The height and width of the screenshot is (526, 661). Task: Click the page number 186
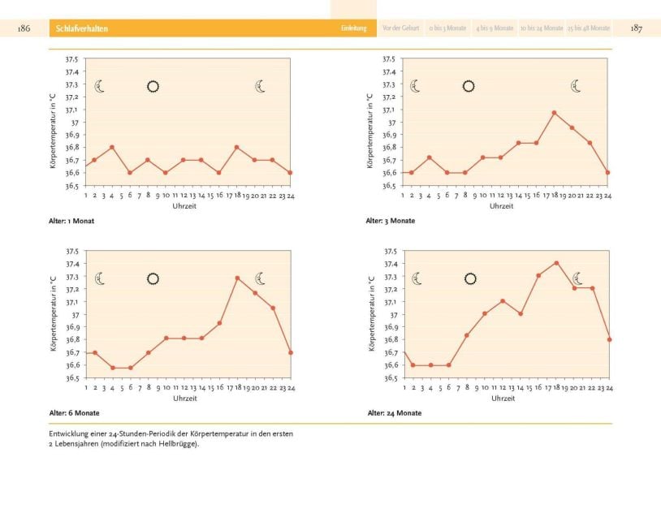24,28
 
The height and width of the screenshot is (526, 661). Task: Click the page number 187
637,28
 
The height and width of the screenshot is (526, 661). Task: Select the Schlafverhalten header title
82,28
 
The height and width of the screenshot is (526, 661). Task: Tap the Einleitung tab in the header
353,28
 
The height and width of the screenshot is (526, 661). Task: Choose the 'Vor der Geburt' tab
400,28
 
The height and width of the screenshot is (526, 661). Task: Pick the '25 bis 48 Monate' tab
589,28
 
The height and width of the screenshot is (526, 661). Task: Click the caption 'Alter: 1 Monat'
71,221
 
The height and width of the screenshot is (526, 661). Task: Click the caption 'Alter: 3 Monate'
391,221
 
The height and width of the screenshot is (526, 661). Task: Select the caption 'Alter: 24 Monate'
394,413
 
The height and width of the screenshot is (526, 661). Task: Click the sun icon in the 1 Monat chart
153,86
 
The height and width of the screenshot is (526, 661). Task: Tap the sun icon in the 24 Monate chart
469,279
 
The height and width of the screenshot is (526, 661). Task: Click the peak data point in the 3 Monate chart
554,113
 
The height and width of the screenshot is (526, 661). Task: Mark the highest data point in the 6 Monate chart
237,278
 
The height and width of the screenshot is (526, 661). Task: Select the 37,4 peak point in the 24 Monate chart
556,263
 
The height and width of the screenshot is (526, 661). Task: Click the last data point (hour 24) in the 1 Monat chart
290,173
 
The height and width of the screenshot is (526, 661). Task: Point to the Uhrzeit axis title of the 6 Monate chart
184,399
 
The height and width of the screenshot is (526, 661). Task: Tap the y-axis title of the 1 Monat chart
52,122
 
